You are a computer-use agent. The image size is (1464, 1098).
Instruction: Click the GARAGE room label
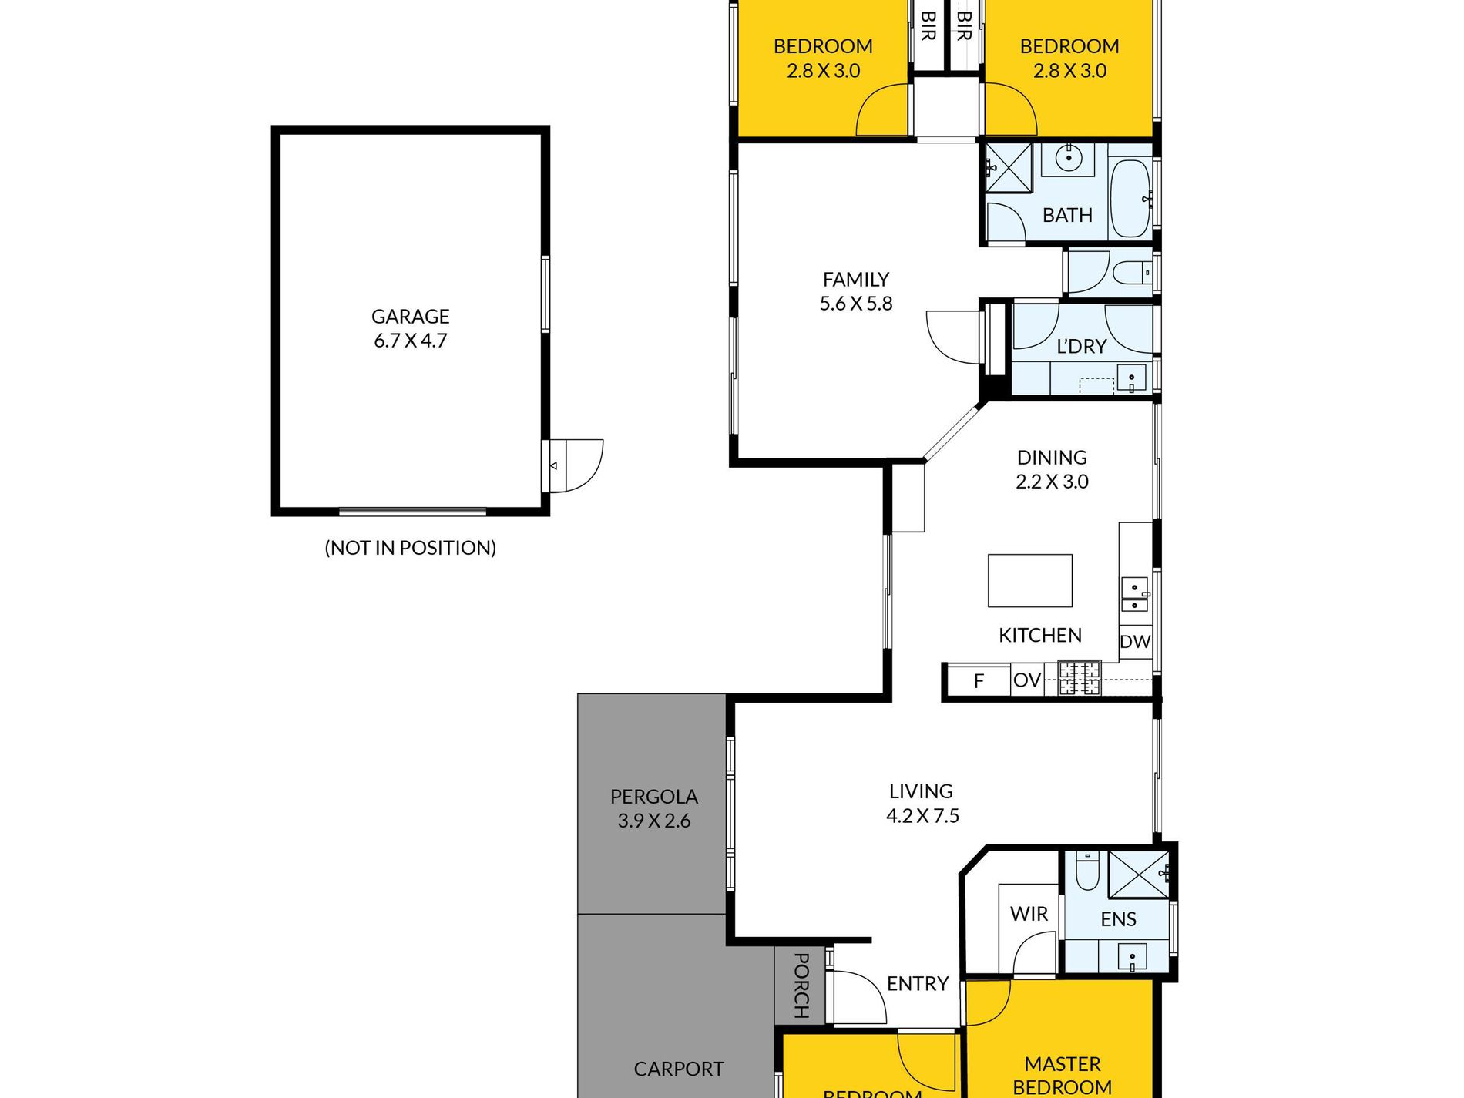point(410,317)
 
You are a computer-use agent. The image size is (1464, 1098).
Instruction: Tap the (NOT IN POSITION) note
point(410,548)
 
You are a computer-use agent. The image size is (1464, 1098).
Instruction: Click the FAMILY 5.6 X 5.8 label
point(856,291)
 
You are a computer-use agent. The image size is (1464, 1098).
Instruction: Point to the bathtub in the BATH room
point(1130,199)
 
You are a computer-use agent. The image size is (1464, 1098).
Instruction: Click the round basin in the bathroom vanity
point(1068,159)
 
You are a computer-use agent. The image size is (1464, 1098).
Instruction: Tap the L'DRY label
point(1081,347)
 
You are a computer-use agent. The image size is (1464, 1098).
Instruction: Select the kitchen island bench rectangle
point(1030,580)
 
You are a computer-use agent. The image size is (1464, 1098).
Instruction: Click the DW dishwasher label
point(1135,642)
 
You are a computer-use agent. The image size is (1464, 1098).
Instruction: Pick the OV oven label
point(1027,680)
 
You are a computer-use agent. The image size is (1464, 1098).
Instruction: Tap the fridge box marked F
point(979,681)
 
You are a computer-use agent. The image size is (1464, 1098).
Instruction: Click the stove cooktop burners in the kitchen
point(1079,678)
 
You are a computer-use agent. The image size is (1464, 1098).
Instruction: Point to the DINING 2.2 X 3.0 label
point(1052,469)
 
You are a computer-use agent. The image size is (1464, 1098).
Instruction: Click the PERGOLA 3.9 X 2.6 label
point(653,808)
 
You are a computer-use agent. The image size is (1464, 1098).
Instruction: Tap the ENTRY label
point(917,984)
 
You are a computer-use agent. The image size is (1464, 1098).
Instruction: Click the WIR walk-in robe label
point(1029,914)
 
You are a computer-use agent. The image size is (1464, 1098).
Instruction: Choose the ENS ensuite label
point(1118,919)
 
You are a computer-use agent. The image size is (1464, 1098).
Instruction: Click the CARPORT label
point(679,1069)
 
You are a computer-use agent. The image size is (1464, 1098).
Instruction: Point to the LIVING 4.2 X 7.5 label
point(922,803)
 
